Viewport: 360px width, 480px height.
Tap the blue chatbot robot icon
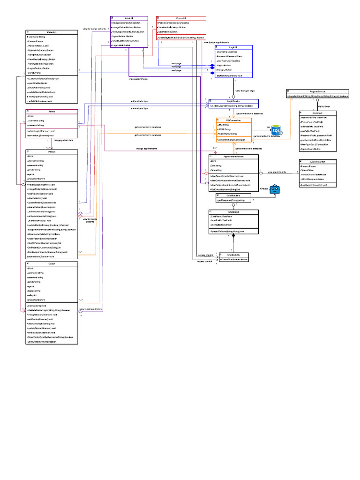[x=274, y=190]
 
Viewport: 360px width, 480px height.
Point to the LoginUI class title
[x=233, y=47]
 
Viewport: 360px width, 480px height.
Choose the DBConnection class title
[x=233, y=120]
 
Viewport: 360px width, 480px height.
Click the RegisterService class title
[x=317, y=91]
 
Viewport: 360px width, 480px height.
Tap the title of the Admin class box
[x=52, y=112]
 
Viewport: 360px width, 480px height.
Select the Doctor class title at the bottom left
[x=52, y=264]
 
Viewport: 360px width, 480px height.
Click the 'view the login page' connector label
[x=245, y=90]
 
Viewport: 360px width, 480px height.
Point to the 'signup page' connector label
[x=324, y=106]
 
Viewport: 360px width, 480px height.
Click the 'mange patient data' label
[x=63, y=140]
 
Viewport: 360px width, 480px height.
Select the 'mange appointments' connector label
[x=146, y=149]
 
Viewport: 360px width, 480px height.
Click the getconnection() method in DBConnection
[x=231, y=140]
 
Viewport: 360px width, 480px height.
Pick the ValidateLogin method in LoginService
[x=232, y=106]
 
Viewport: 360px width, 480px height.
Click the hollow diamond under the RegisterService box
[x=317, y=100]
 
